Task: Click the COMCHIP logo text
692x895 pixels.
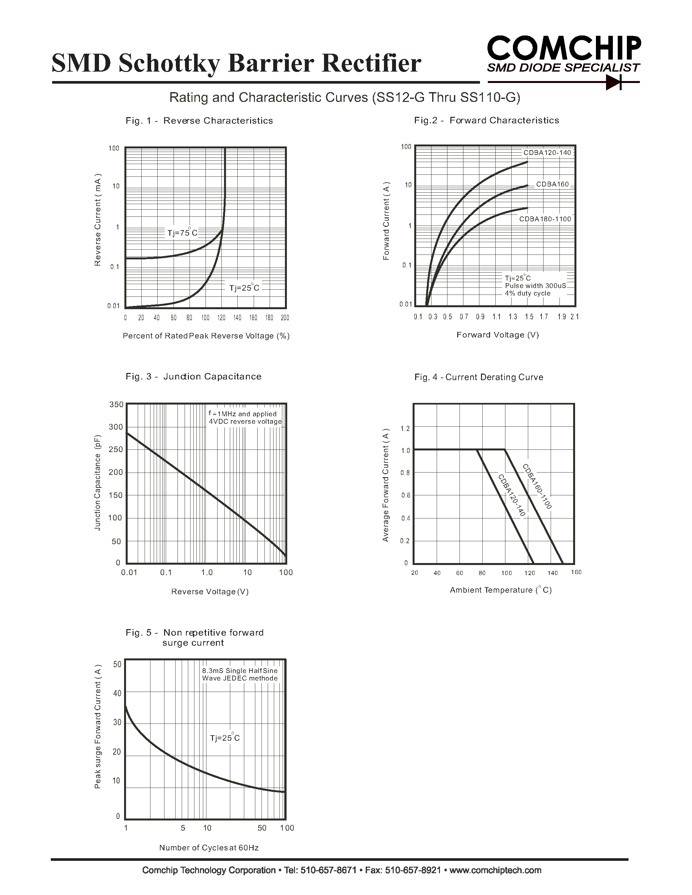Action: pos(564,49)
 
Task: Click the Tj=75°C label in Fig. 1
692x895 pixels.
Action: pos(182,233)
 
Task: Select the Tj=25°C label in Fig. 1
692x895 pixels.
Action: pos(244,288)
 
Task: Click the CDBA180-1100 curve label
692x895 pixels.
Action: pos(545,219)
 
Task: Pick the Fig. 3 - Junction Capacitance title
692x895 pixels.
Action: pos(193,377)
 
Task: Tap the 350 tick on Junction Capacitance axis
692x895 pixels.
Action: pos(116,405)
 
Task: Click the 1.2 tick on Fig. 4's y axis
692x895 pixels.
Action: pos(405,429)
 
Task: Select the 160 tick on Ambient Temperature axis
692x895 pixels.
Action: pos(576,572)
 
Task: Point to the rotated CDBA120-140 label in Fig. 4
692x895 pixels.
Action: pos(512,495)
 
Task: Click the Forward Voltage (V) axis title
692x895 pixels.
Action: pos(498,335)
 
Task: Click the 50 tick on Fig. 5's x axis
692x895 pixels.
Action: pos(262,828)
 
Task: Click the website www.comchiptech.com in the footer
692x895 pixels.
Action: pos(495,870)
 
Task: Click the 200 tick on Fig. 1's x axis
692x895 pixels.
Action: pos(285,318)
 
